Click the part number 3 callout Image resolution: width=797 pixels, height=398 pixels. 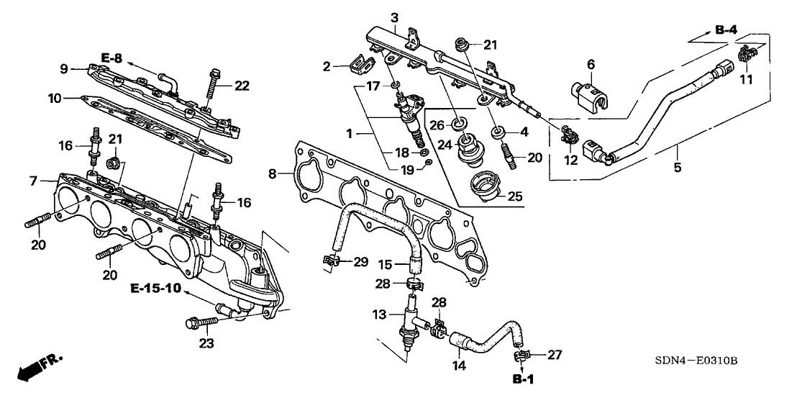(393, 17)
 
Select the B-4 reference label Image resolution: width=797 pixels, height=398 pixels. (726, 30)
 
